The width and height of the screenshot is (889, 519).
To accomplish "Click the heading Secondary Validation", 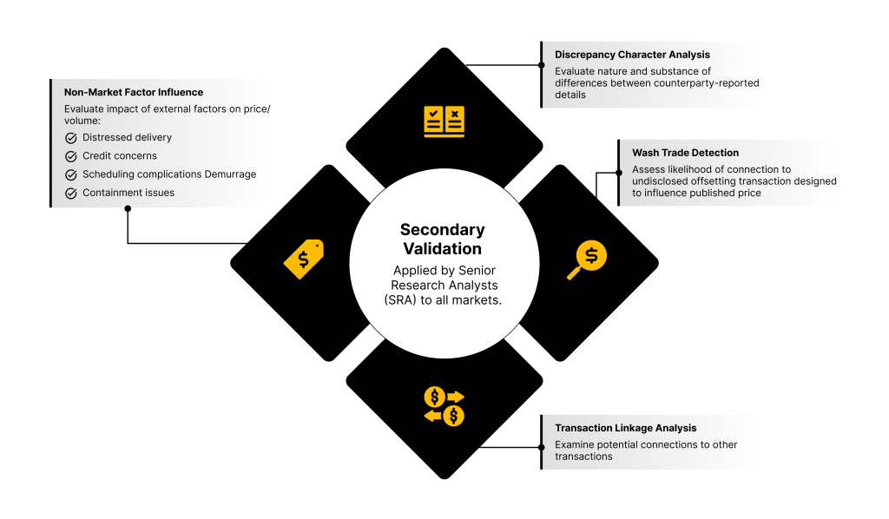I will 443,239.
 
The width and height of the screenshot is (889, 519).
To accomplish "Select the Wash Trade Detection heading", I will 685,153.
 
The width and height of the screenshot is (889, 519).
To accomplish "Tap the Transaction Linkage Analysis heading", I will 625,428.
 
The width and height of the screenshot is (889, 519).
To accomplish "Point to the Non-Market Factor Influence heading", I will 134,91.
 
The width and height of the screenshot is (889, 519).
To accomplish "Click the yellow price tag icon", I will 304,258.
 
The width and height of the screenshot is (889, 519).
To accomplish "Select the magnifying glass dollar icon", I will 587,259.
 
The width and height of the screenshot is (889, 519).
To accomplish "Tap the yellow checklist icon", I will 444,121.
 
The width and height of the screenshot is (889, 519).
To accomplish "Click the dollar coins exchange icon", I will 444,406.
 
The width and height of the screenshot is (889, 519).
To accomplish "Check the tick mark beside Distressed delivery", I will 71,138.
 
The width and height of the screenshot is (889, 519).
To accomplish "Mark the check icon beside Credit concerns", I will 71,156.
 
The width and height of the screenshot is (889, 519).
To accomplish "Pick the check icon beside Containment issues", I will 71,193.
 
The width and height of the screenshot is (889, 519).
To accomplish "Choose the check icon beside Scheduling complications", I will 71,174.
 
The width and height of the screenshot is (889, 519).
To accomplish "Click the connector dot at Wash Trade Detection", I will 619,172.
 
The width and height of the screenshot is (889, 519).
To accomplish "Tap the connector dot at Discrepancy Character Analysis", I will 542,64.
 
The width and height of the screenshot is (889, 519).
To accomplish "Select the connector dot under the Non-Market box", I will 128,208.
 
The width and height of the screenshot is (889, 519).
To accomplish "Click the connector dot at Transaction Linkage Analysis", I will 542,448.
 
